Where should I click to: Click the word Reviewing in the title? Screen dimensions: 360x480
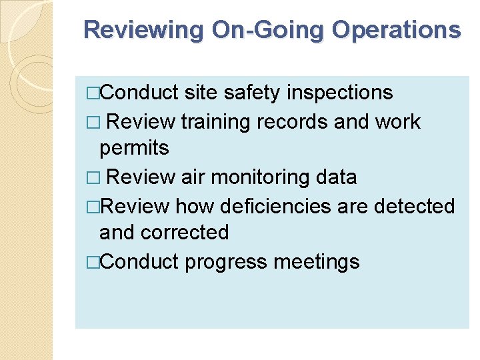[143, 31]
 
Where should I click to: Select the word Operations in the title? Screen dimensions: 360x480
[396, 31]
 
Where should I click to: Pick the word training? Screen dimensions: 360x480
[215, 122]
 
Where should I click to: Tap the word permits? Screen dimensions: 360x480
[134, 148]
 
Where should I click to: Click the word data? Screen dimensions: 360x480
[336, 177]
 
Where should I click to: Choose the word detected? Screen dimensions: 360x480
[414, 206]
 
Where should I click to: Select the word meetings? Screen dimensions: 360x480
[317, 262]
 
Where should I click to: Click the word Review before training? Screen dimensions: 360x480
[140, 122]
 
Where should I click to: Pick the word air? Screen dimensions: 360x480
[194, 177]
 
